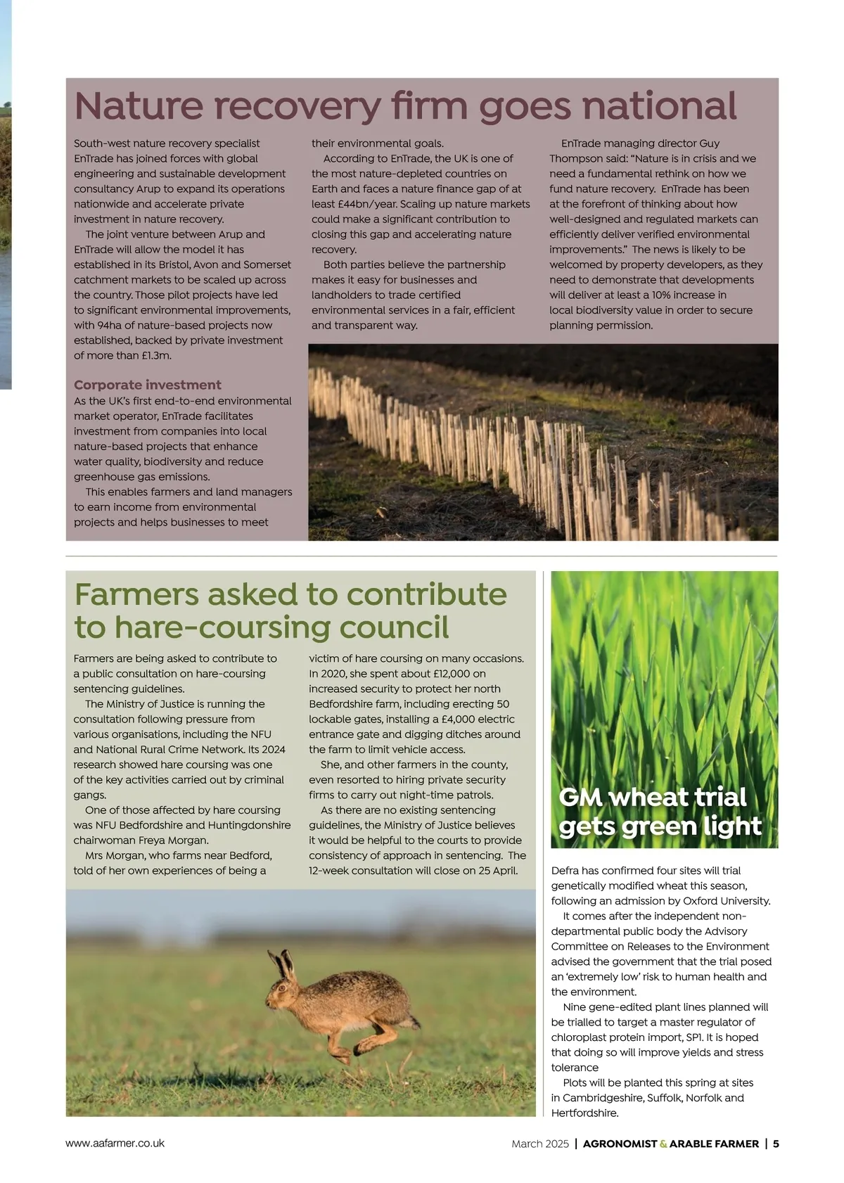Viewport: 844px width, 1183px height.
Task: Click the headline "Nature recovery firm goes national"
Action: (x=405, y=106)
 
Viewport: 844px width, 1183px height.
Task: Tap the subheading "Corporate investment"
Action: (x=147, y=385)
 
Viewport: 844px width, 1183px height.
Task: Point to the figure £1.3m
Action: (x=155, y=355)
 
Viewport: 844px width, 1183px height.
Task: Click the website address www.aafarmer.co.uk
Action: (x=115, y=1143)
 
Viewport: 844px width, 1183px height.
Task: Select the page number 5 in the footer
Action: (x=776, y=1144)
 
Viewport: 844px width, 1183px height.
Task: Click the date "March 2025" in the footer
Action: (x=539, y=1144)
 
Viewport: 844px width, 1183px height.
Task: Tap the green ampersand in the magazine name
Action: (x=663, y=1144)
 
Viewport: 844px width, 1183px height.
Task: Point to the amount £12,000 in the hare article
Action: (x=459, y=674)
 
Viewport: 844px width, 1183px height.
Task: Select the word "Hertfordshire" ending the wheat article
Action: (x=584, y=1113)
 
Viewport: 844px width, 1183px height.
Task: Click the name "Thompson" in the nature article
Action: (x=576, y=158)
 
